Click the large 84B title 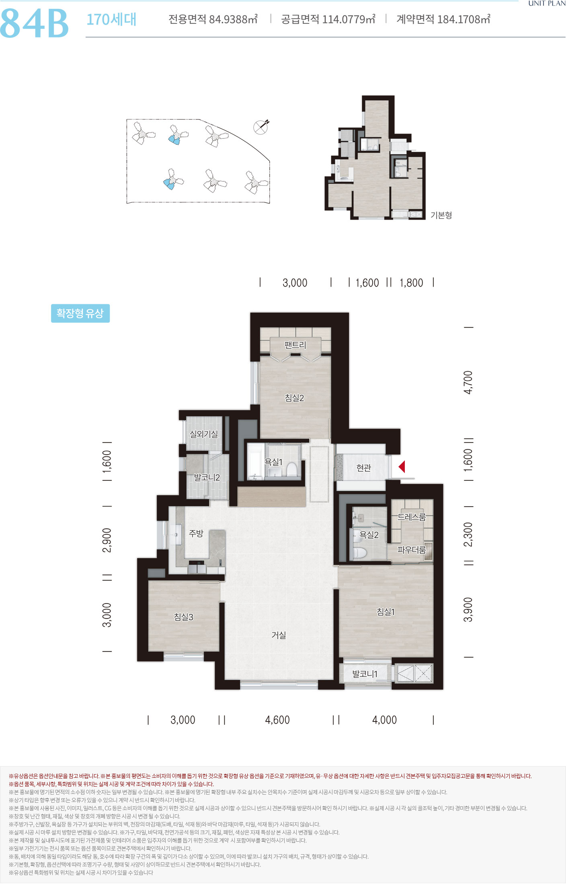click(x=35, y=23)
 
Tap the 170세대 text click(x=111, y=19)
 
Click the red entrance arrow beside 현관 click(x=402, y=467)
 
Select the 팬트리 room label click(x=295, y=345)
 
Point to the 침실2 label click(x=294, y=398)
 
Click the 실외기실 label click(x=204, y=434)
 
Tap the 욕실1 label click(x=273, y=462)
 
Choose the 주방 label click(x=196, y=533)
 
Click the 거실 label click(x=279, y=635)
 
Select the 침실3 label click(x=184, y=617)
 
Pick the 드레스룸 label click(x=412, y=517)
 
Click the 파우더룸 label click(x=411, y=550)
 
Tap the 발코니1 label click(x=365, y=674)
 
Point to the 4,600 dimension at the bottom click(x=277, y=720)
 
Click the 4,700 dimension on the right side click(x=468, y=382)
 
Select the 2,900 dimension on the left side click(x=107, y=540)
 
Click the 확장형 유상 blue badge click(x=80, y=313)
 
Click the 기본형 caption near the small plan click(x=441, y=215)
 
